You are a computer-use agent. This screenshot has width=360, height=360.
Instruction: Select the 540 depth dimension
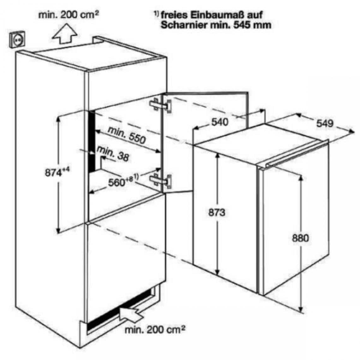coord(220,122)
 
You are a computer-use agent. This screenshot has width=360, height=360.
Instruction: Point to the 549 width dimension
coord(325,123)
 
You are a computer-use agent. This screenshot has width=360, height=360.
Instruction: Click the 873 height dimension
coord(217,213)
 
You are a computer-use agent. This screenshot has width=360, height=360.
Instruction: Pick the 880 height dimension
coord(300,238)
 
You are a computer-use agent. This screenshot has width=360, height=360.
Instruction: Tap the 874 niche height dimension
coord(57,172)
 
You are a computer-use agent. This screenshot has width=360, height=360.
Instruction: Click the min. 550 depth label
coord(127,135)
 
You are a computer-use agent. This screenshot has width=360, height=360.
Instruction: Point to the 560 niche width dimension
coord(123,181)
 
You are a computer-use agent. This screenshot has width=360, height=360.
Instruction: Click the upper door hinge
coord(161,105)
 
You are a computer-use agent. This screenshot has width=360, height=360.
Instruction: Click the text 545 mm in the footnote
coord(252,25)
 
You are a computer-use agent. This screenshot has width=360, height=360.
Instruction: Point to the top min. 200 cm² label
coord(69,15)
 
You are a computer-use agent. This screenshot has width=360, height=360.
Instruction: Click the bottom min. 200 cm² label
coord(155,330)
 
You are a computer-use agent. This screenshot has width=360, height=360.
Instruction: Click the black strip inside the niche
coord(92,141)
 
